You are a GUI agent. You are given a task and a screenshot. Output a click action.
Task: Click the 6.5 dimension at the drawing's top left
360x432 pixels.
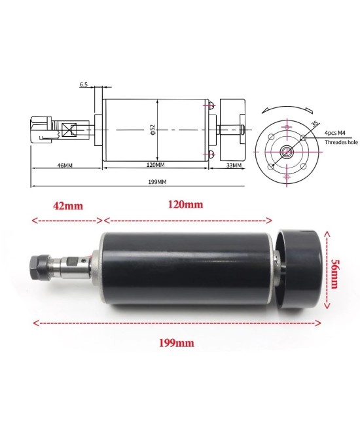click(84, 84)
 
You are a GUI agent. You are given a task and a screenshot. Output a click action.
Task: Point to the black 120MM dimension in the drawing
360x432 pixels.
click(155, 166)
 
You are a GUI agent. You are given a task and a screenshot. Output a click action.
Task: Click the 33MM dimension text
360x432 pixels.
click(233, 166)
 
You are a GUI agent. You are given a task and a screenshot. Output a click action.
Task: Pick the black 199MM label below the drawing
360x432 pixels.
click(156, 182)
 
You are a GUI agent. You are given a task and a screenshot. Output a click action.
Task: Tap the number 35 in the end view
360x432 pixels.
click(315, 123)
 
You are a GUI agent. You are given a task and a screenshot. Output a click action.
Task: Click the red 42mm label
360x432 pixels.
click(67, 205)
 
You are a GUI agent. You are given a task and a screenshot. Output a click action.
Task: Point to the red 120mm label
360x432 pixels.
click(185, 204)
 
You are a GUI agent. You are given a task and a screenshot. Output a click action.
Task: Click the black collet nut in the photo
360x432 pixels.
click(37, 267)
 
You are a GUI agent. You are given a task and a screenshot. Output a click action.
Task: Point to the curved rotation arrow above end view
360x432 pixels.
click(285, 107)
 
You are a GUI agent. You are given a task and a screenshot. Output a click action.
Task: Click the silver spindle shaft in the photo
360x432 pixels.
click(72, 268)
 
